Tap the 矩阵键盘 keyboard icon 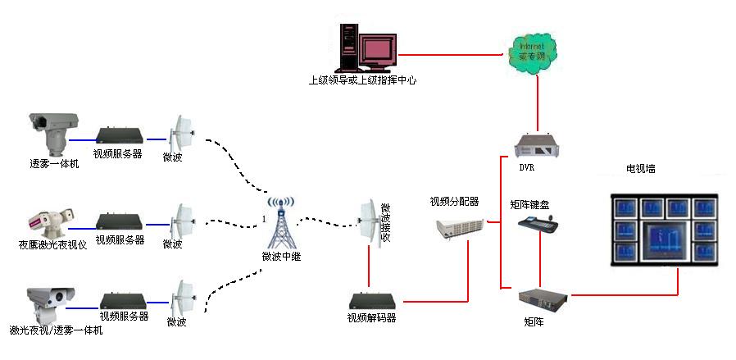tap(538, 225)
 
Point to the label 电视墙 tap(640, 169)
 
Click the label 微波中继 tap(279, 257)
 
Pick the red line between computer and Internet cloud tap(451, 54)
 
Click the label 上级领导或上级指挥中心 tap(362, 80)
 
